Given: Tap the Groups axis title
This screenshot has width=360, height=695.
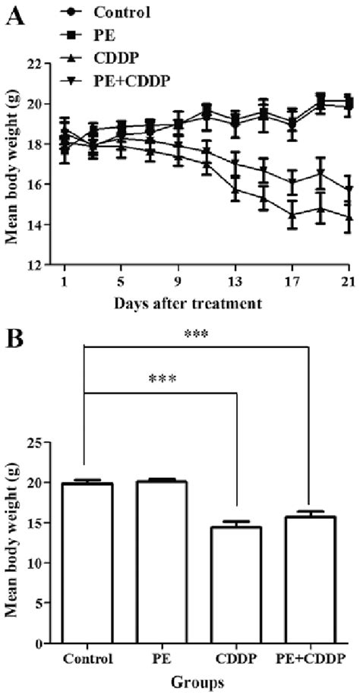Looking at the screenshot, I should point(197,682).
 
